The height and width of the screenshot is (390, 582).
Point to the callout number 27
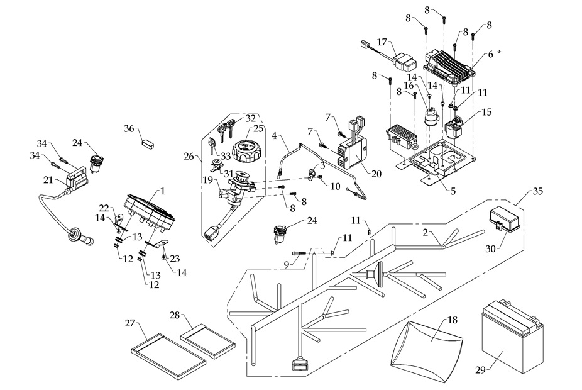[130, 323]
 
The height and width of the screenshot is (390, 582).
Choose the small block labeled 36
[148, 142]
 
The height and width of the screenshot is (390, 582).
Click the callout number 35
[538, 190]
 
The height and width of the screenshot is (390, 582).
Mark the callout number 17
[382, 42]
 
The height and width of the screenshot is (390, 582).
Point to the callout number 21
[48, 180]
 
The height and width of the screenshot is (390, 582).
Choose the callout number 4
[274, 135]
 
